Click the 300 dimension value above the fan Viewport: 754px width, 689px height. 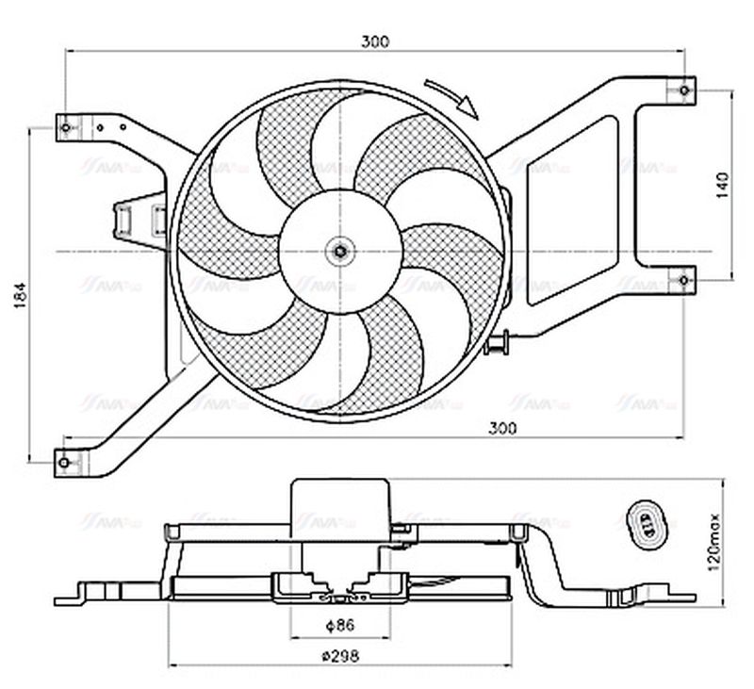point(375,41)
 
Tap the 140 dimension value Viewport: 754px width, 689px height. point(723,186)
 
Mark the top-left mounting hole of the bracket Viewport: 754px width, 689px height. point(65,124)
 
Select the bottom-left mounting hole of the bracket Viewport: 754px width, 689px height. point(64,461)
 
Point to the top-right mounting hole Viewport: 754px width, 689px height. point(684,90)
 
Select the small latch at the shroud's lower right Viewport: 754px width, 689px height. point(497,344)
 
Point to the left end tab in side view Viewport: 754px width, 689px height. point(71,598)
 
